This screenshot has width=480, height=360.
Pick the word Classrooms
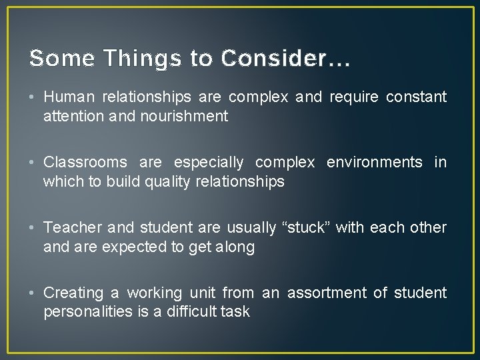(x=86, y=163)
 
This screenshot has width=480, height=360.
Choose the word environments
(x=374, y=163)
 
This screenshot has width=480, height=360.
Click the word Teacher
(x=70, y=228)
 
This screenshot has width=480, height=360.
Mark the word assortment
(x=333, y=293)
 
